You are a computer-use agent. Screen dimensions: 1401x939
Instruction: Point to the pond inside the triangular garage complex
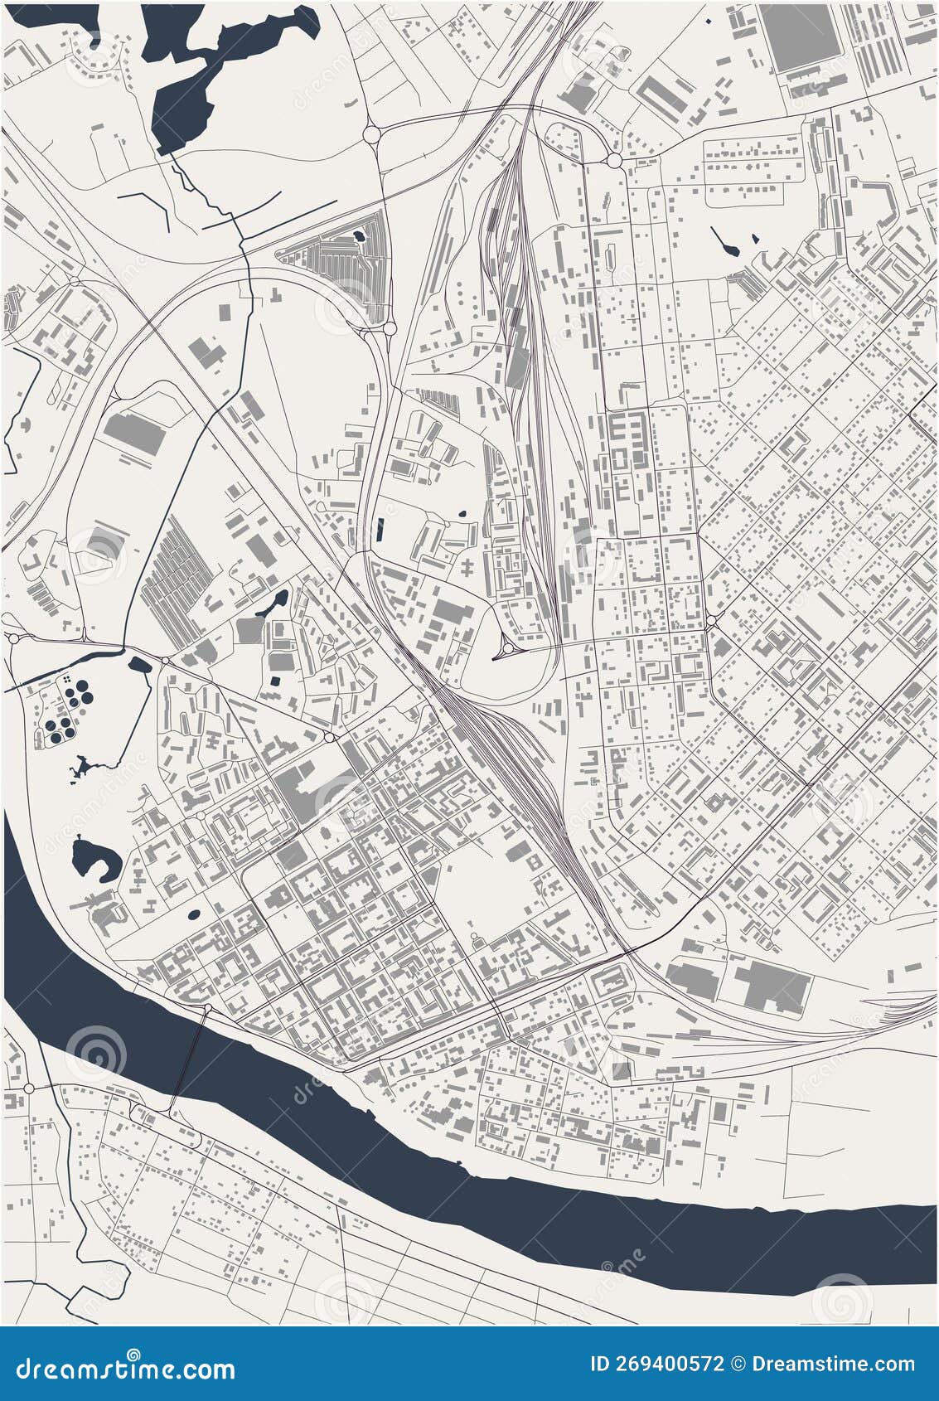[x=358, y=238]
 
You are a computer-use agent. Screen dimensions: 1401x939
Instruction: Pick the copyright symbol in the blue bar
[x=740, y=1365]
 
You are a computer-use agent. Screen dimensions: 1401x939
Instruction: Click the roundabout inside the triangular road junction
[x=506, y=650]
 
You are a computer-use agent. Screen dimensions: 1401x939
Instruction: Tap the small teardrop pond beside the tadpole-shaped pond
[x=755, y=239]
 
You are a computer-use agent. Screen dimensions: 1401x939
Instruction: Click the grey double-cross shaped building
[x=470, y=569]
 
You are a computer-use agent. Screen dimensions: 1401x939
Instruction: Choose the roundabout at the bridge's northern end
[x=207, y=1008]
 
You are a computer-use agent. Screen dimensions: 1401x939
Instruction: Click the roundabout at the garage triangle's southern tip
[x=390, y=329]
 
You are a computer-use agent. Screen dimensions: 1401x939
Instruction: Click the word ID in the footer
[x=599, y=1365]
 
